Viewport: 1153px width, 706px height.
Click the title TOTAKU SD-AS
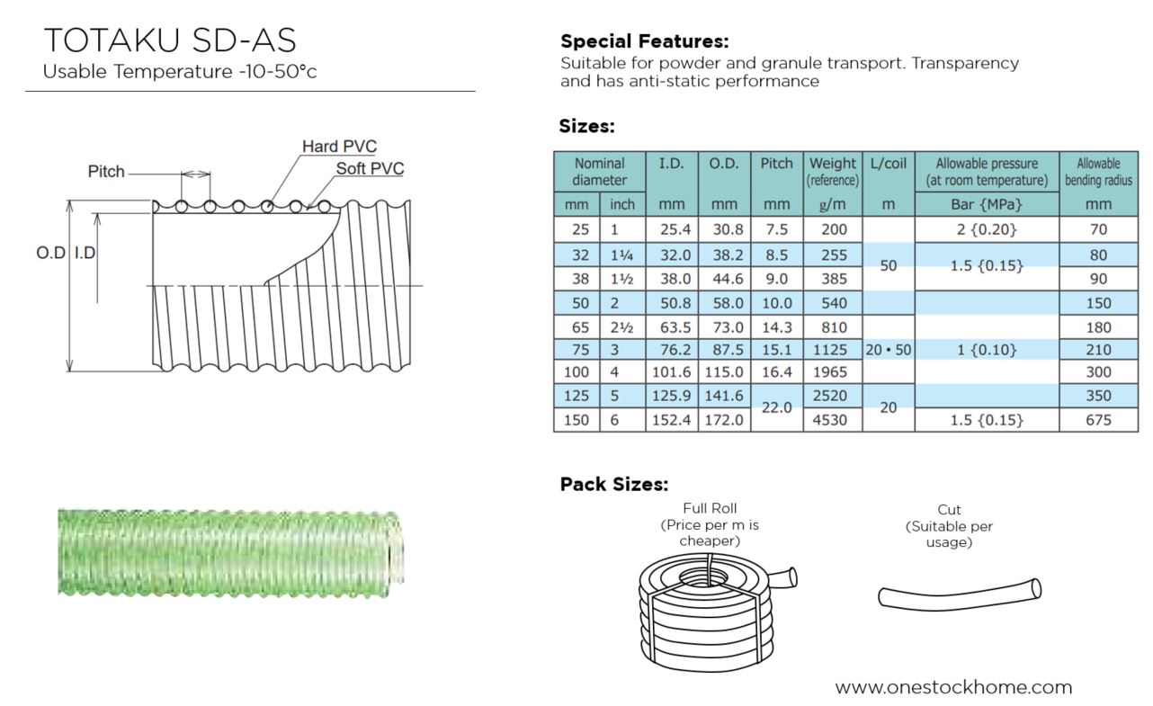[x=170, y=40]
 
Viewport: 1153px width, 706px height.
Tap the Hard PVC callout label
[x=339, y=146]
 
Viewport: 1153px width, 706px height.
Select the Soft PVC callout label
[x=370, y=168]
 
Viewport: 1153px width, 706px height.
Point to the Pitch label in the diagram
[x=106, y=172]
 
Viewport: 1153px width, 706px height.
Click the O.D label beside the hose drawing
[x=51, y=253]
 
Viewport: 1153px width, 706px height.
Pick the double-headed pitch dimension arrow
[x=195, y=174]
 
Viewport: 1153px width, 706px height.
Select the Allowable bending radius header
[x=1098, y=172]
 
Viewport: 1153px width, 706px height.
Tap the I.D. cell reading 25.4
[x=675, y=229]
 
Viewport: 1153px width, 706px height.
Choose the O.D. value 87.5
[x=728, y=350]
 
